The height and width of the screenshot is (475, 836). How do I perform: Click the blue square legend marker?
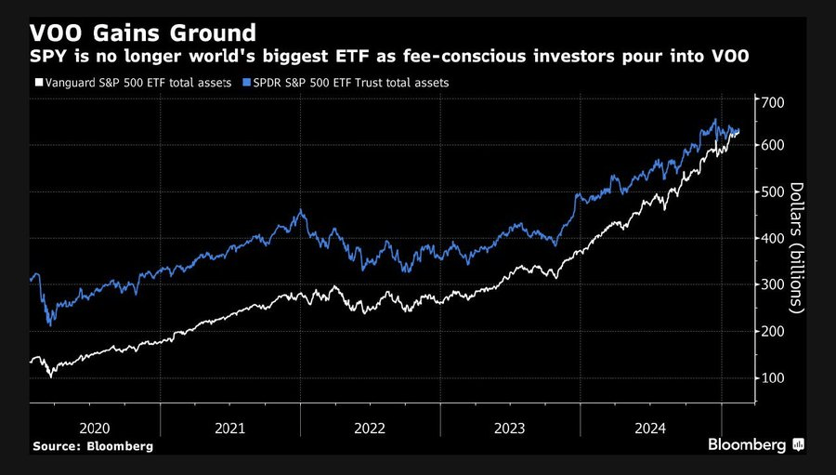[x=245, y=83]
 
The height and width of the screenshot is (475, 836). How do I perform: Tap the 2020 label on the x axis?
[x=96, y=429]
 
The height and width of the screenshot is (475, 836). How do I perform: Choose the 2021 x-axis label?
[x=229, y=429]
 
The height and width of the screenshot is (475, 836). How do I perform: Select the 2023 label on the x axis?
[x=510, y=429]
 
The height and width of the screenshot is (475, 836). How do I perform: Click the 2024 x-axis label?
[x=650, y=429]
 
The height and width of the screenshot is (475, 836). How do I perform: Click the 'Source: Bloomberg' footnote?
[x=93, y=446]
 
